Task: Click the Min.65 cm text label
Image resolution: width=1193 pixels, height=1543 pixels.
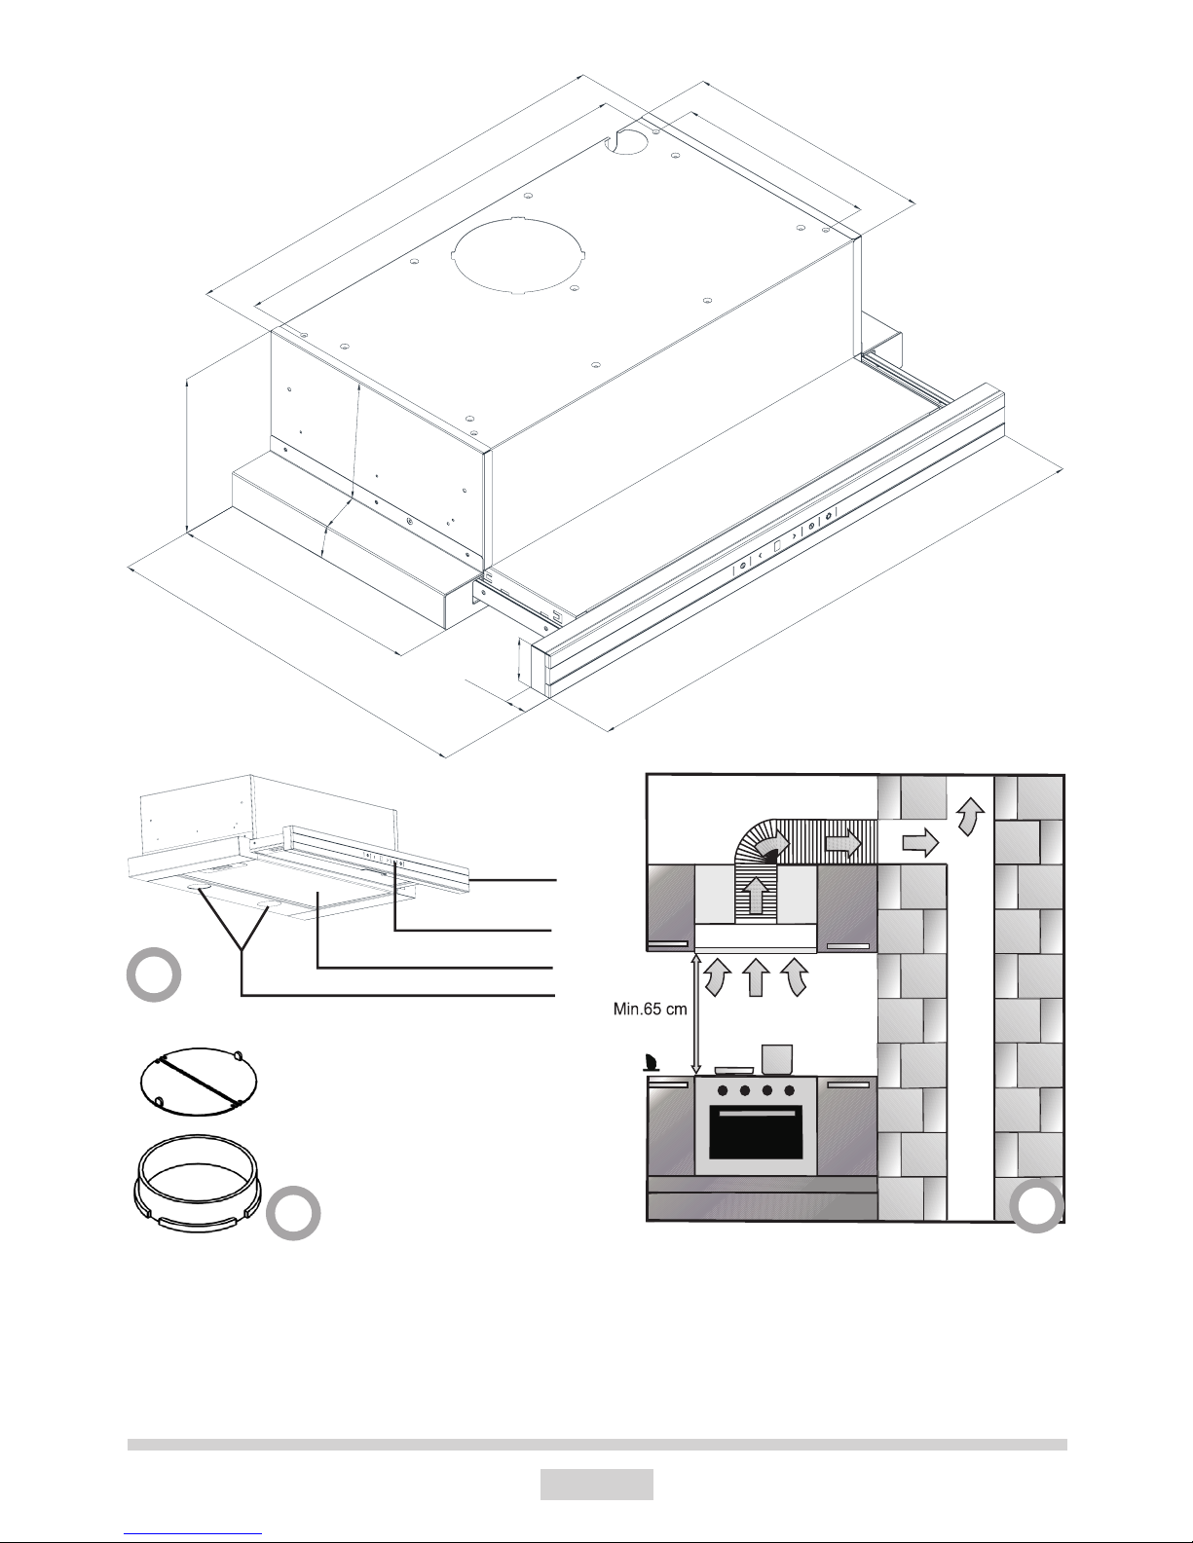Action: pyautogui.click(x=650, y=1009)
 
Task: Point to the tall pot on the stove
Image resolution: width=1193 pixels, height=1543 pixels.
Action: pyautogui.click(x=777, y=1059)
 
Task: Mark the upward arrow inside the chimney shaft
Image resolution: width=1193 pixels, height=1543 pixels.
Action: pyautogui.click(x=972, y=815)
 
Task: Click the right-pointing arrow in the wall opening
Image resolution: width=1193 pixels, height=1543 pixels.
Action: pyautogui.click(x=920, y=844)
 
